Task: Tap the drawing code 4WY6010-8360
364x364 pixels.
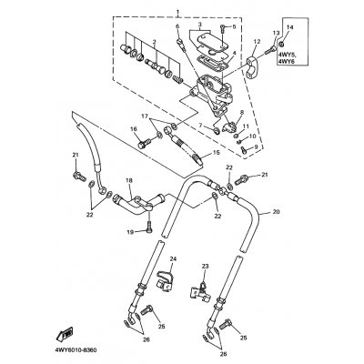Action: pos(76,350)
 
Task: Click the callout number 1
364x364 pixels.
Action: pos(177,12)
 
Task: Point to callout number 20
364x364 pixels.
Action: pos(276,212)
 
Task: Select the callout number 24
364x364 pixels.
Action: pos(173,259)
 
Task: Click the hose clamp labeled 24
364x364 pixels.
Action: pos(165,279)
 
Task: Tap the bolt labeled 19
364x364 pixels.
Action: pos(150,226)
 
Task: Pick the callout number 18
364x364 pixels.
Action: pos(129,180)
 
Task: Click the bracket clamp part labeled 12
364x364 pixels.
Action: pos(252,64)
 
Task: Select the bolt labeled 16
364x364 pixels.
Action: pos(145,143)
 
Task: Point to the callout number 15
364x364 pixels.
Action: pos(216,152)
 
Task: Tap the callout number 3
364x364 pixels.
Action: pos(200,24)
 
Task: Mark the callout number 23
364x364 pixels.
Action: pos(206,266)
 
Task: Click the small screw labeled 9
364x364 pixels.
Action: pos(244,148)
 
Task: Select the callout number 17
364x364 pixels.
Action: pos(145,116)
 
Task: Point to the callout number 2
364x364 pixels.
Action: pos(154,42)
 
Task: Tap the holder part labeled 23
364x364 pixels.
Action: pos(201,292)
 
